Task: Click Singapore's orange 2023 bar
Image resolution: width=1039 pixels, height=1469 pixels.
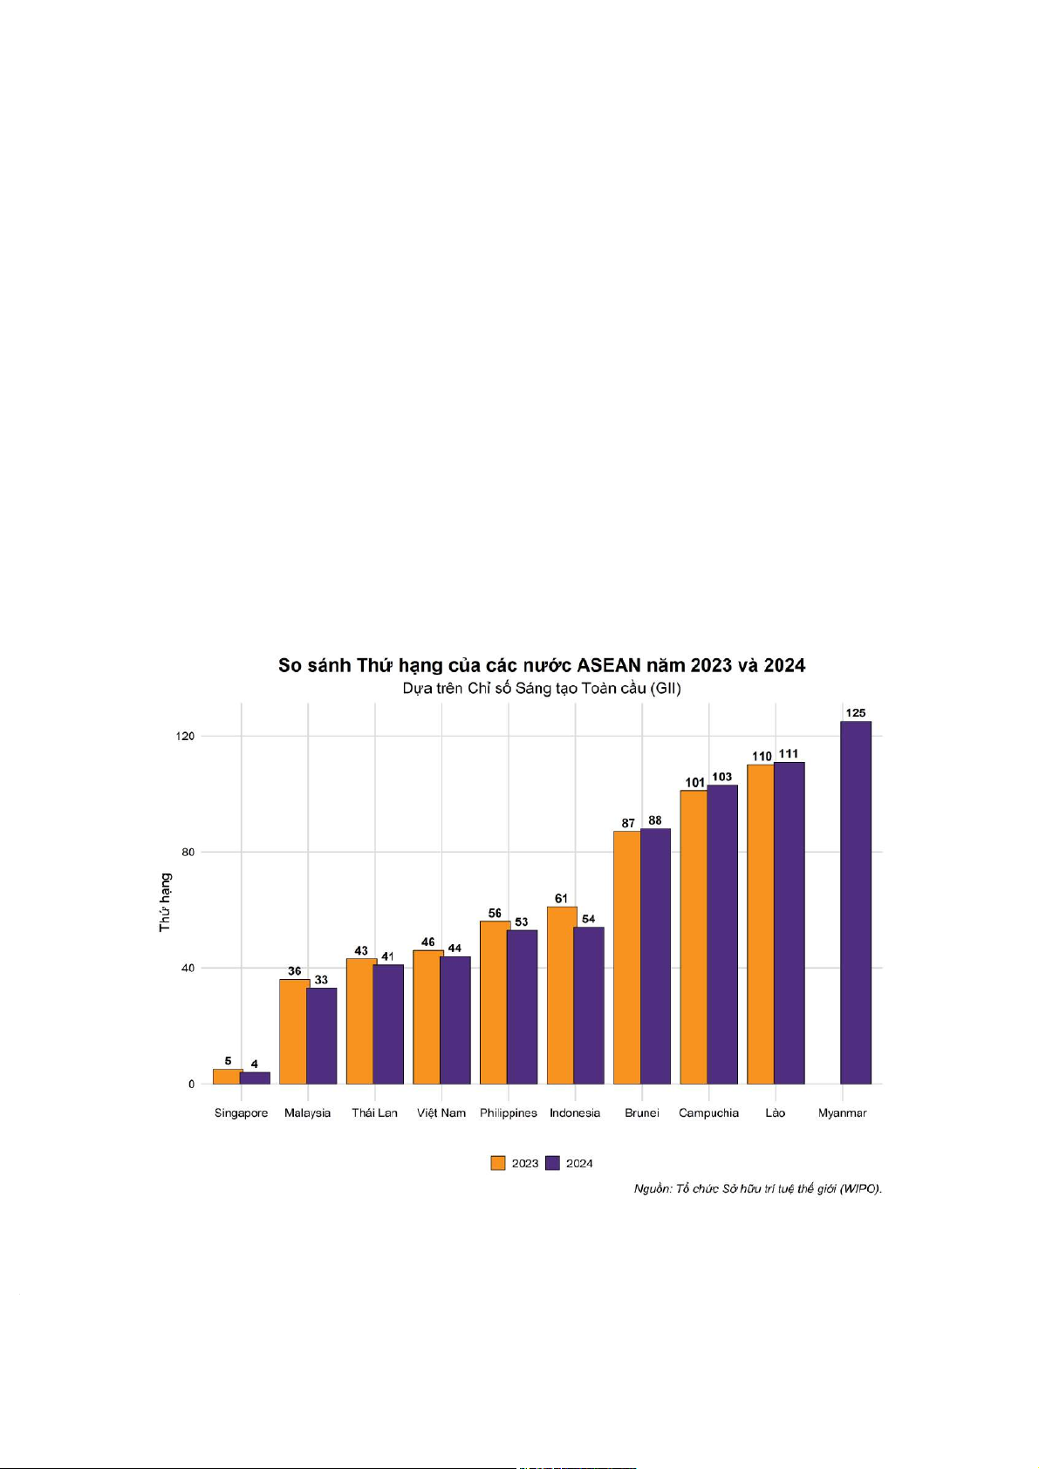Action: tap(227, 1077)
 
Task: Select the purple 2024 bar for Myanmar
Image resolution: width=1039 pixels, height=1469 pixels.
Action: tap(856, 902)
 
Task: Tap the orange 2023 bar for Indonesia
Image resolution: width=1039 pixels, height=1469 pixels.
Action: tap(561, 995)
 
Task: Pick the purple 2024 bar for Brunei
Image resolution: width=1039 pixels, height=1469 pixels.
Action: tap(655, 956)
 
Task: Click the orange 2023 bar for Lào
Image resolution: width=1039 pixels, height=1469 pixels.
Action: tap(761, 924)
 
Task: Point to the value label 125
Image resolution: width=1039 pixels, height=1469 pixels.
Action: tap(856, 713)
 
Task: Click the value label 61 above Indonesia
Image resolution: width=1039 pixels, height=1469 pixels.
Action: tap(561, 899)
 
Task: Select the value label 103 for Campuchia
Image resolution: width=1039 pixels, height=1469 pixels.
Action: tap(722, 777)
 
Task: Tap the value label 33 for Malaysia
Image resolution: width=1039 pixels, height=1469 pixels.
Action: tap(321, 980)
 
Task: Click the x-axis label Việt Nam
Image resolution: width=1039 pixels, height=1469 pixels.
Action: tap(441, 1113)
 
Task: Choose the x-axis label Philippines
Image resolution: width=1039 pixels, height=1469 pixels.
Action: tap(508, 1113)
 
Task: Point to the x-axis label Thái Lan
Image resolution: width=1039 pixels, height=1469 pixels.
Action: tap(374, 1113)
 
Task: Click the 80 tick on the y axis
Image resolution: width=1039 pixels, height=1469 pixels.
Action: tap(186, 852)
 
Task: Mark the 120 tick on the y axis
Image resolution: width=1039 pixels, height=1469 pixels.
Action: tap(184, 736)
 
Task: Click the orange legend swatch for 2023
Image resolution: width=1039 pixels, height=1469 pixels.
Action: tap(498, 1163)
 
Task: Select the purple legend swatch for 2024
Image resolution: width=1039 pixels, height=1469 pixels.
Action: tap(552, 1163)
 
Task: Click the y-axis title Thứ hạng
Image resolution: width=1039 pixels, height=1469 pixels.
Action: tap(165, 902)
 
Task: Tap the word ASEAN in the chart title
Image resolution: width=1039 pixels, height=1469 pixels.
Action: tap(609, 666)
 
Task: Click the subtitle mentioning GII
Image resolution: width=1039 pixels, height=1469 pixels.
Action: tap(542, 689)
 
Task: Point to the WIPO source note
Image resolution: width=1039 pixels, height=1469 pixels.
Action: tap(757, 1188)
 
